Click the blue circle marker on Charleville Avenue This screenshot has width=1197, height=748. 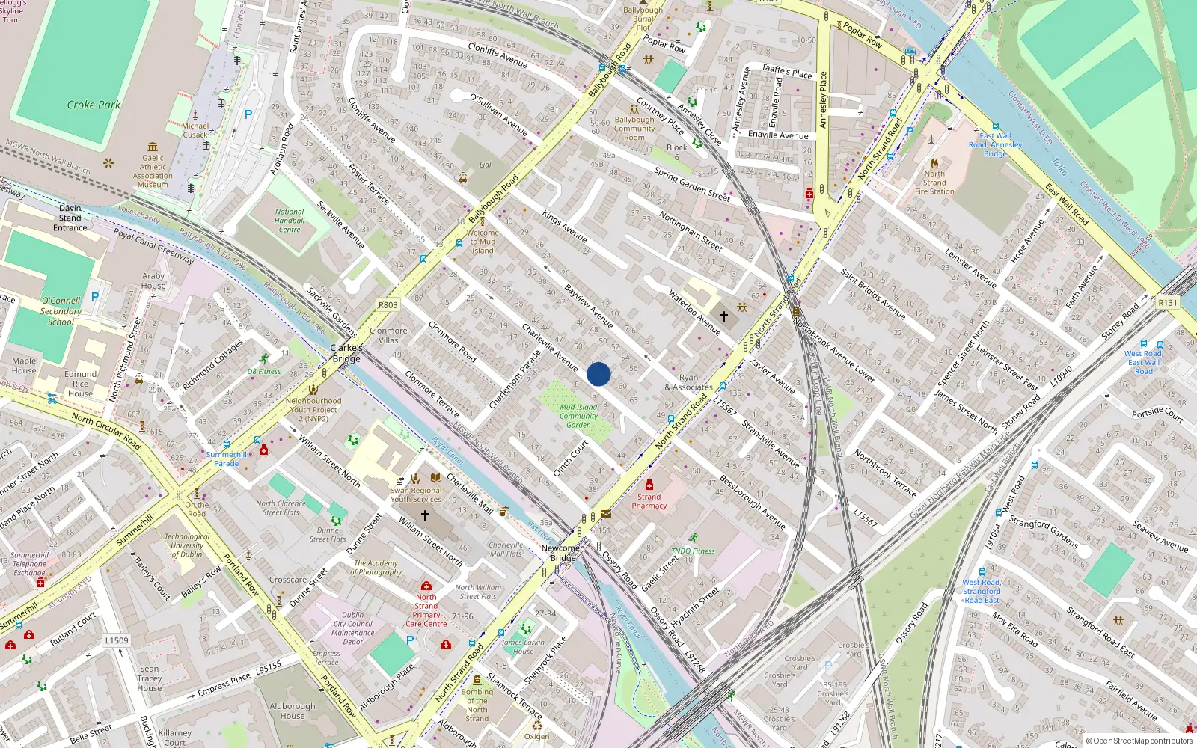pyautogui.click(x=598, y=374)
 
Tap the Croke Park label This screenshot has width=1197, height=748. pyautogui.click(x=94, y=105)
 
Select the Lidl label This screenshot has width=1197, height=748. pyautogui.click(x=486, y=165)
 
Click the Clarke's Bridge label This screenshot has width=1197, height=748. pyautogui.click(x=346, y=353)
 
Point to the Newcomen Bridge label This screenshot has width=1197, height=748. pyautogui.click(x=563, y=553)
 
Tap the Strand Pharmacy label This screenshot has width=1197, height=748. pyautogui.click(x=649, y=501)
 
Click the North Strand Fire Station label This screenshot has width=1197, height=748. pyautogui.click(x=934, y=183)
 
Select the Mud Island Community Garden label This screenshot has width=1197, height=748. pyautogui.click(x=578, y=416)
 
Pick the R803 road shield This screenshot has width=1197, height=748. pyautogui.click(x=388, y=305)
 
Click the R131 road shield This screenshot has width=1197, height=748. pyautogui.click(x=1167, y=303)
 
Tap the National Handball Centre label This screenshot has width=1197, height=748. pyautogui.click(x=290, y=221)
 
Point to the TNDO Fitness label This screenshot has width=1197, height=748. pyautogui.click(x=693, y=551)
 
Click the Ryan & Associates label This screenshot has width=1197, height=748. pyautogui.click(x=688, y=382)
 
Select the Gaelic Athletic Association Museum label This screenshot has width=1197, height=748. pyautogui.click(x=153, y=171)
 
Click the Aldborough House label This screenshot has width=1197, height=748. pyautogui.click(x=293, y=711)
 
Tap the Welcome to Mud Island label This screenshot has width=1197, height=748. pyautogui.click(x=483, y=242)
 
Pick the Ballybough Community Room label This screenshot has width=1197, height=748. pyautogui.click(x=634, y=129)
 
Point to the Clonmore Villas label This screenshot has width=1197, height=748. pyautogui.click(x=388, y=335)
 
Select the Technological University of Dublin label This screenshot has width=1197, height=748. pyautogui.click(x=187, y=545)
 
